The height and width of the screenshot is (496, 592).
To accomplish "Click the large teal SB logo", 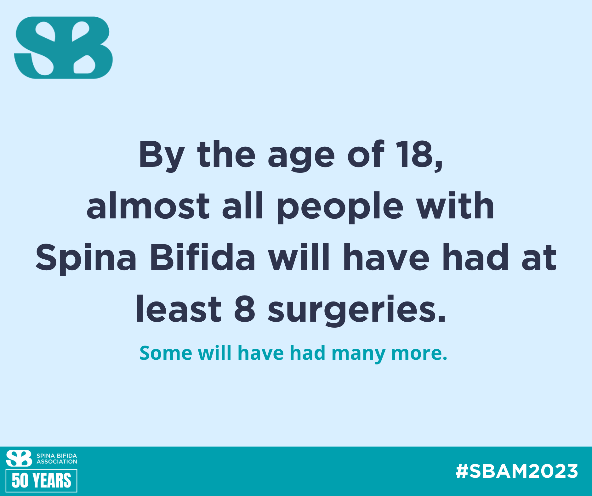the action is pyautogui.click(x=63, y=48).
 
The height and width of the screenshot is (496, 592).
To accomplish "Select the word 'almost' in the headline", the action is pyautogui.click(x=148, y=206).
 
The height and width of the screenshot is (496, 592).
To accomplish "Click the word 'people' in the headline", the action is pyautogui.click(x=340, y=208).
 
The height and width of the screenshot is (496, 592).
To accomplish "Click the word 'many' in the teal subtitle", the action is pyautogui.click(x=358, y=354).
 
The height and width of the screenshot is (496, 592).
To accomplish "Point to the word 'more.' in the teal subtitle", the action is pyautogui.click(x=419, y=353).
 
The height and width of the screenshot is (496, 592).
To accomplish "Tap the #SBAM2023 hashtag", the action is pyautogui.click(x=517, y=471).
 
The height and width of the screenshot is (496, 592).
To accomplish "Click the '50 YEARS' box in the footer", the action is pyautogui.click(x=41, y=481).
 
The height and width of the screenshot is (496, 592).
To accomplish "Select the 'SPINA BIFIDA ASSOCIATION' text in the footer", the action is pyautogui.click(x=57, y=459).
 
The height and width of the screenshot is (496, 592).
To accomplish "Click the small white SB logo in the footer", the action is pyautogui.click(x=19, y=458).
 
